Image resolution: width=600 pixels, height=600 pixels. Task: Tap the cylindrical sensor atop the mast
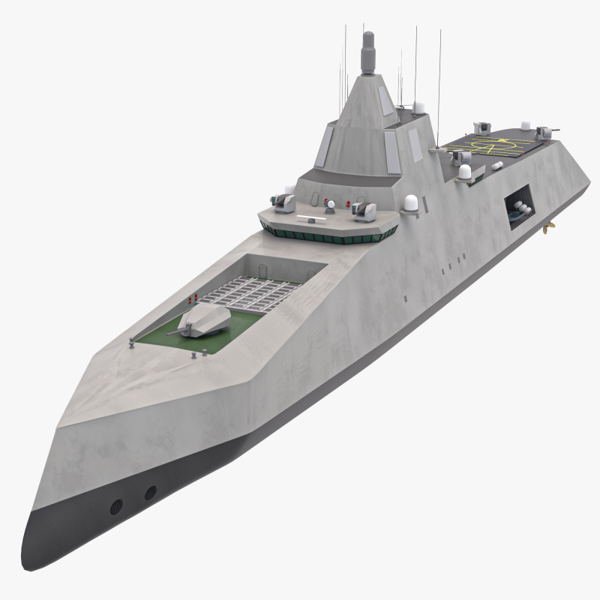click(x=367, y=53)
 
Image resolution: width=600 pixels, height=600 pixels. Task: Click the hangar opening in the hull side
click(x=517, y=206)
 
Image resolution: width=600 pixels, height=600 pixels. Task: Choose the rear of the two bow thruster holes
click(x=151, y=493)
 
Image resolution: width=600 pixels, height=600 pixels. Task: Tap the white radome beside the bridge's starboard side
click(x=410, y=204)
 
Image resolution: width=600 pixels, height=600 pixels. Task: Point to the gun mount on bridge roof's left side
click(x=283, y=202)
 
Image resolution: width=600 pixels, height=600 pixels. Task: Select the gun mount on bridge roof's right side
click(x=366, y=211)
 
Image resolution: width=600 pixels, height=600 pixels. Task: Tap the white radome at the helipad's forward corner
click(x=464, y=172)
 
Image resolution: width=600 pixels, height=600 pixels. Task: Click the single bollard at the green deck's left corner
click(x=132, y=344)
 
